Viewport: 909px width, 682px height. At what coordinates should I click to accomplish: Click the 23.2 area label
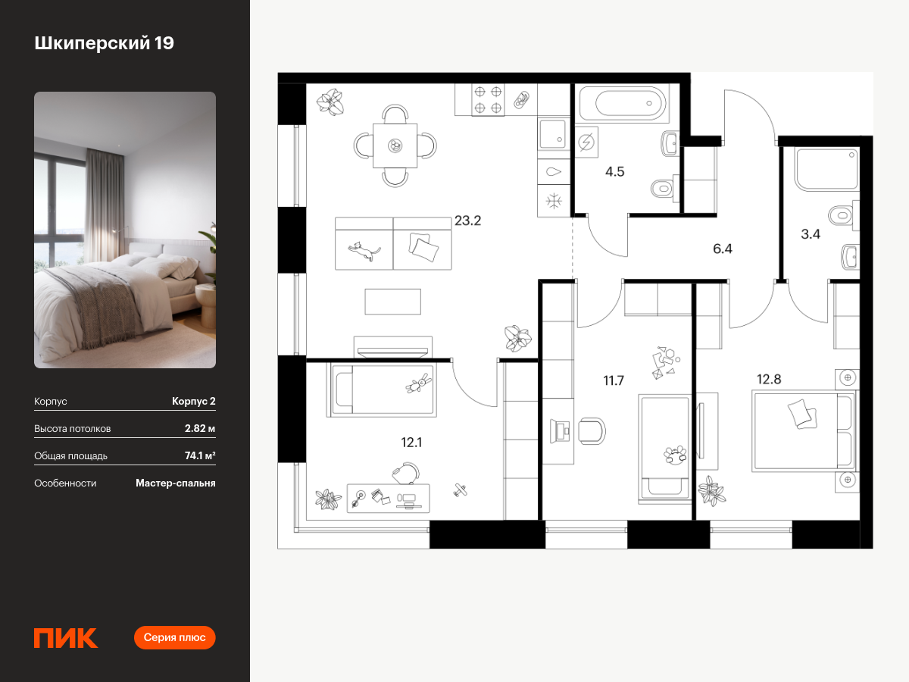[467, 221]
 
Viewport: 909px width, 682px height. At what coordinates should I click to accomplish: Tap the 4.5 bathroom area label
[614, 172]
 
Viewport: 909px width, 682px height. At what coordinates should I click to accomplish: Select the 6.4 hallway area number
[722, 249]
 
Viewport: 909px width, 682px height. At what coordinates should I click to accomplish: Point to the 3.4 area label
[811, 234]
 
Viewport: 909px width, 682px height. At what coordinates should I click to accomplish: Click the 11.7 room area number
[614, 380]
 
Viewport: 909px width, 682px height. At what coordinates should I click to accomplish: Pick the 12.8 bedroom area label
[769, 380]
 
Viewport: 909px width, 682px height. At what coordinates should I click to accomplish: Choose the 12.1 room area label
[411, 443]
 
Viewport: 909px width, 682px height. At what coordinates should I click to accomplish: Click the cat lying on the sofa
[364, 251]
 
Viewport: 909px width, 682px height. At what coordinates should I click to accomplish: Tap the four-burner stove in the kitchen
[488, 100]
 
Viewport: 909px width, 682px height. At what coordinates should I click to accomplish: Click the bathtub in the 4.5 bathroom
[623, 103]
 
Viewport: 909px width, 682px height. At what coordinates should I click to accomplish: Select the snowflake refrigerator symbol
[554, 202]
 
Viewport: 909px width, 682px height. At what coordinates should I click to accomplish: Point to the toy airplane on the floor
[460, 490]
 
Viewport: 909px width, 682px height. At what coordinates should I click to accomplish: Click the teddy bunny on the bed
[419, 383]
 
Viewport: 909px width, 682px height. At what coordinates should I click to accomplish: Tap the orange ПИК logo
[66, 638]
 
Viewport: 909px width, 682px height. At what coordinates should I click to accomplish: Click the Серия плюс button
[175, 638]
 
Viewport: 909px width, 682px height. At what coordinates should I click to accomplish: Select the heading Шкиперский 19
[104, 43]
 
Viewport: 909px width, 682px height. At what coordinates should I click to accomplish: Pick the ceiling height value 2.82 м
[200, 428]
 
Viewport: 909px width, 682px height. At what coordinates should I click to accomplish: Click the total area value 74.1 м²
[200, 455]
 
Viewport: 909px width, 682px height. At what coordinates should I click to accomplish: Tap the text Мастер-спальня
[176, 483]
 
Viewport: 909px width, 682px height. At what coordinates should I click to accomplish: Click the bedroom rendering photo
[125, 230]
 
